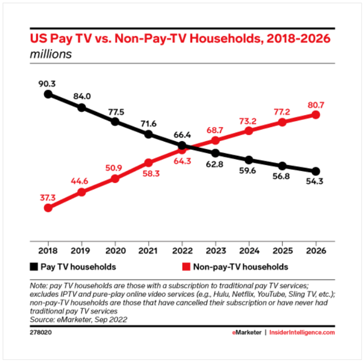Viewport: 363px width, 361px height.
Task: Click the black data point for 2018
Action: (x=48, y=94)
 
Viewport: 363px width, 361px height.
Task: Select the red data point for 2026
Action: (x=316, y=114)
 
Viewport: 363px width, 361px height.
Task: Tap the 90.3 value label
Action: (x=48, y=81)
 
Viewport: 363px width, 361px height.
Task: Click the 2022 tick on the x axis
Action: (x=182, y=251)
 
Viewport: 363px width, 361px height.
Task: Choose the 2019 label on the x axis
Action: (x=81, y=251)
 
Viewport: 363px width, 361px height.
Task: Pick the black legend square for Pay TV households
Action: (x=34, y=266)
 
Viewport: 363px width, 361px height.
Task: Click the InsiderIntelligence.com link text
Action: (x=302, y=332)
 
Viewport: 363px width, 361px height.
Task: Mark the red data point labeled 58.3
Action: (x=148, y=163)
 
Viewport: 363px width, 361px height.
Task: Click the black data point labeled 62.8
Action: (x=215, y=153)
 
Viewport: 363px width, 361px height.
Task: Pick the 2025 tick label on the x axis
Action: (x=282, y=251)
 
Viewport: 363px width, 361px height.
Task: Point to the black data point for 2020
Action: (x=115, y=122)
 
